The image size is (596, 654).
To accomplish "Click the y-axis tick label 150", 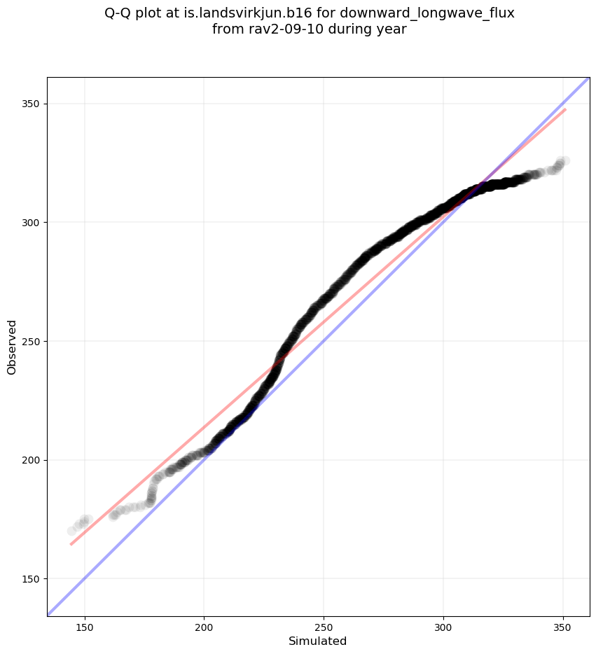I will (x=31, y=579).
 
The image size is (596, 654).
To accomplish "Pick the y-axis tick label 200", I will (x=31, y=460).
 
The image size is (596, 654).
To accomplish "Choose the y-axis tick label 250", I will (x=31, y=341).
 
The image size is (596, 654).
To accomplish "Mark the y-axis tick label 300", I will (x=31, y=223).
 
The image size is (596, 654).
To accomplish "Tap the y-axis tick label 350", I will (x=31, y=104).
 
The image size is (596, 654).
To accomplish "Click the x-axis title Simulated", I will (x=318, y=641).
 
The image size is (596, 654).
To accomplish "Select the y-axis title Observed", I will (x=12, y=347).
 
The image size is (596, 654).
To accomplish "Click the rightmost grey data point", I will (x=564, y=161).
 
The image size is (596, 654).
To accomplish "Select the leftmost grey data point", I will (x=71, y=531).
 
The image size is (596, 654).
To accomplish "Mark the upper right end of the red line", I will (x=565, y=109).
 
